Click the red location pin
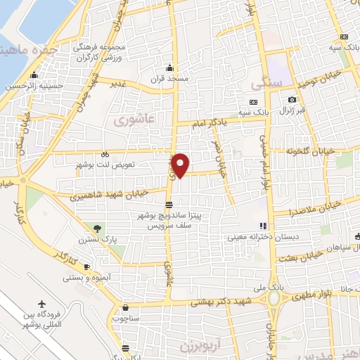[x=181, y=165]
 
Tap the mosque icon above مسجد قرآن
[x=169, y=68]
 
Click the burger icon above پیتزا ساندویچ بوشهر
[x=168, y=205]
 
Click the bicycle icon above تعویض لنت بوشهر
[x=105, y=154]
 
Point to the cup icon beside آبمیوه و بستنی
[x=86, y=266]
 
